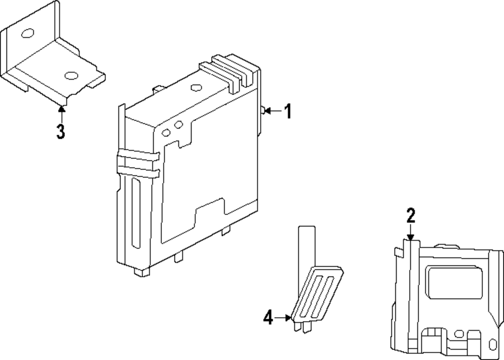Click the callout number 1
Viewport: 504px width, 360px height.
(x=288, y=111)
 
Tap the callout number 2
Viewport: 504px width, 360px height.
(x=411, y=215)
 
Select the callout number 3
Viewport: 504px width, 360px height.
(x=60, y=131)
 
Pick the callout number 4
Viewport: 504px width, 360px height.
(x=268, y=318)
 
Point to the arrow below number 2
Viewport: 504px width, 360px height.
(x=410, y=232)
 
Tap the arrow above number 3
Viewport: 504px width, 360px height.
(x=61, y=113)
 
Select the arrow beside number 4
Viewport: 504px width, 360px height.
(x=283, y=318)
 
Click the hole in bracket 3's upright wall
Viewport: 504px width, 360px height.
(x=28, y=33)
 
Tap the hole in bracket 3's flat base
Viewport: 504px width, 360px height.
(x=72, y=76)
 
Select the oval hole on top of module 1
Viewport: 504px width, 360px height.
(x=196, y=87)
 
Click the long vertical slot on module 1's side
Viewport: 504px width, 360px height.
(x=136, y=214)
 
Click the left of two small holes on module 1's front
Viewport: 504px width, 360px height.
(x=166, y=133)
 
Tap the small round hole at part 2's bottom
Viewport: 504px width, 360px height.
(x=459, y=334)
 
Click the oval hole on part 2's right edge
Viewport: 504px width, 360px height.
(x=493, y=344)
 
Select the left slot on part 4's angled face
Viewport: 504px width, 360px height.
(x=312, y=295)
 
